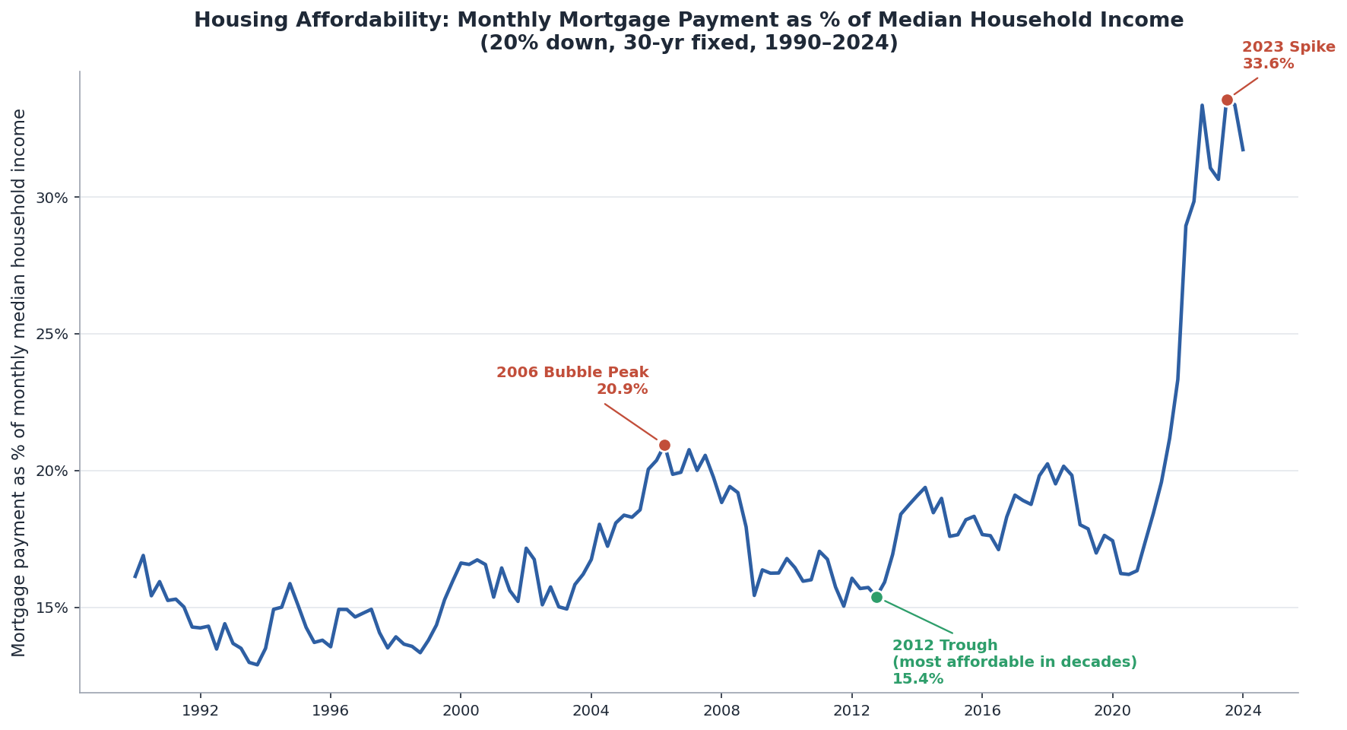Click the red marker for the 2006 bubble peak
[x=664, y=445]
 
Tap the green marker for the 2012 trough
[x=876, y=597]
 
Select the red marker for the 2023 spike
[x=1227, y=100]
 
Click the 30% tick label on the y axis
[x=53, y=198]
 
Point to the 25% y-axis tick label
[x=53, y=335]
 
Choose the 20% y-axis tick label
[x=53, y=471]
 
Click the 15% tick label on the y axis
[x=53, y=608]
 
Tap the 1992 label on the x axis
[x=200, y=711]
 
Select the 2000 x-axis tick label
[x=461, y=711]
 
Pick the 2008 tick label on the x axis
[x=721, y=711]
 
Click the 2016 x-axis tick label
[x=982, y=711]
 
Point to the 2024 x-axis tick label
[x=1243, y=711]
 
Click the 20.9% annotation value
[x=623, y=389]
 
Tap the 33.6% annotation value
[x=1268, y=64]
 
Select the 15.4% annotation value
[x=918, y=679]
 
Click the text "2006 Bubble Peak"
[x=572, y=373]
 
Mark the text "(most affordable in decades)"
[x=1015, y=662]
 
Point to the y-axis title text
[x=20, y=382]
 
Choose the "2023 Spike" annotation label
[x=1288, y=47]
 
